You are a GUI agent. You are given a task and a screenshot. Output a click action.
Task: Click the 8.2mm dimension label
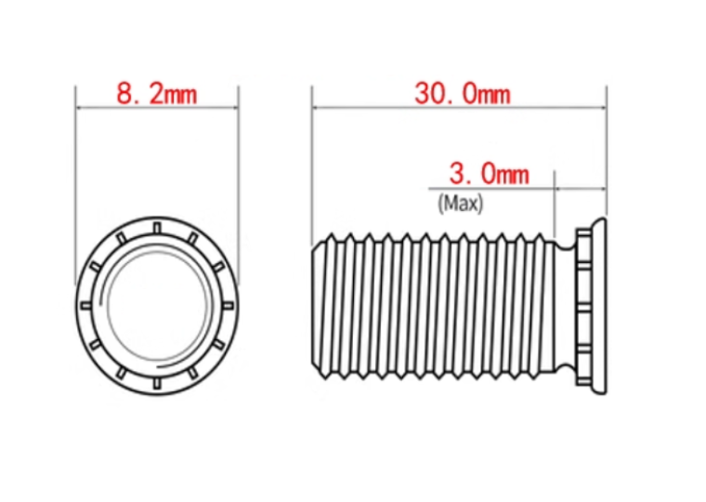pyautogui.click(x=157, y=94)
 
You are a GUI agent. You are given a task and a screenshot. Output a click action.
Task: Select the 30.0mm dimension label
pyautogui.click(x=463, y=94)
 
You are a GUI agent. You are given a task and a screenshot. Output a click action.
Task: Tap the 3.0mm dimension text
pyautogui.click(x=489, y=174)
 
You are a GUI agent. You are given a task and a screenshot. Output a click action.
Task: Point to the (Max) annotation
pyautogui.click(x=460, y=204)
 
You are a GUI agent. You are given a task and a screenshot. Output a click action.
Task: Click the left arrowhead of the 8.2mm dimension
pyautogui.click(x=79, y=108)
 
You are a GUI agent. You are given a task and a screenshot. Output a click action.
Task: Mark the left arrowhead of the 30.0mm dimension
pyautogui.click(x=316, y=108)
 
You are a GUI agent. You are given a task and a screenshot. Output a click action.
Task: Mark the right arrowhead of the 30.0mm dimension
pyautogui.click(x=603, y=108)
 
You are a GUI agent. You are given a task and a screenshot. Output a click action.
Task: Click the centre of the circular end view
pyautogui.click(x=157, y=306)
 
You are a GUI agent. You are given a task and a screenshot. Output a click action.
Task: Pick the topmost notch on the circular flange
pyautogui.click(x=157, y=228)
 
